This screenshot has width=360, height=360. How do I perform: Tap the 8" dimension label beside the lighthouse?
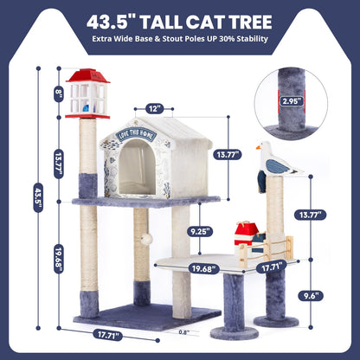pos(58,93)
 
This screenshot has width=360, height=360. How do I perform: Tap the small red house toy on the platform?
pos(246,232)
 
